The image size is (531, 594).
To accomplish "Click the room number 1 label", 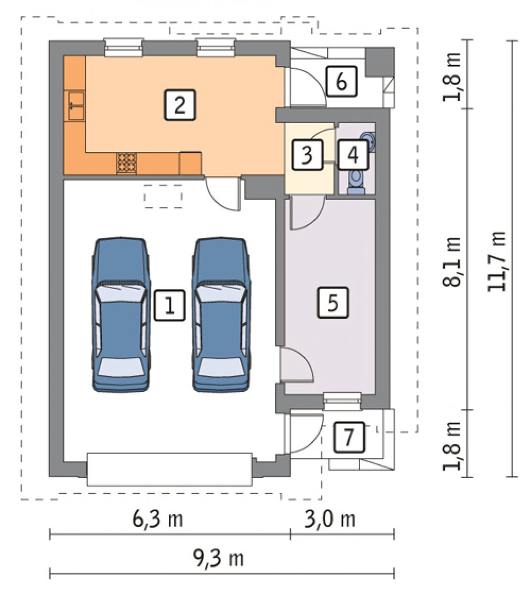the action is pyautogui.click(x=169, y=305).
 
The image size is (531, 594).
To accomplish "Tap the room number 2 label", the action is pyautogui.click(x=180, y=104).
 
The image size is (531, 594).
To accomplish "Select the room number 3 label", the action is pyautogui.click(x=307, y=154).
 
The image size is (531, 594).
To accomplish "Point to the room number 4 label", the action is pyautogui.click(x=353, y=154).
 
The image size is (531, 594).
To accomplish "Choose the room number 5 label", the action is pyautogui.click(x=333, y=302).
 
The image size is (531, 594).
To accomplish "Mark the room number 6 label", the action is pyautogui.click(x=341, y=81).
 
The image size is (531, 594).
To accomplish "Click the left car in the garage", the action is pyautogui.click(x=121, y=314).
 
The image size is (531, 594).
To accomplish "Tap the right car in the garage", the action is pyautogui.click(x=221, y=314).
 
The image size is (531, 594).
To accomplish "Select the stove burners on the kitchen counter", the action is pyautogui.click(x=126, y=163).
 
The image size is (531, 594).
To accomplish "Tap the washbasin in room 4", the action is pyautogui.click(x=368, y=142).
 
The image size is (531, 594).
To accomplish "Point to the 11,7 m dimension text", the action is pyautogui.click(x=497, y=261).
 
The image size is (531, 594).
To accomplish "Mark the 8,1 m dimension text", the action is pyautogui.click(x=451, y=261).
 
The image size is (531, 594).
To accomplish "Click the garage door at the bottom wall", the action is pyautogui.click(x=170, y=469).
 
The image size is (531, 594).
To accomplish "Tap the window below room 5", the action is pyautogui.click(x=342, y=401).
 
